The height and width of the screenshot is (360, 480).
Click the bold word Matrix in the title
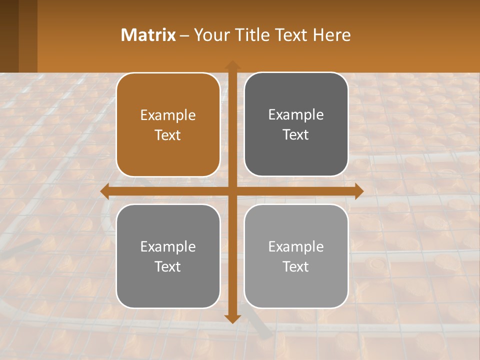coord(148,35)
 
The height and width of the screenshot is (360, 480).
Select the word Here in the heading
coord(332,35)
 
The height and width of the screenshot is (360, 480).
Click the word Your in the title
coord(211,35)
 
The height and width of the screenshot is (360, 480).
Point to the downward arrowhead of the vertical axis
coord(232,319)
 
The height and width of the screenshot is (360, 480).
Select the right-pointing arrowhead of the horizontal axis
coord(359,191)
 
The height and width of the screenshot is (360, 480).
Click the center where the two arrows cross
coord(232,191)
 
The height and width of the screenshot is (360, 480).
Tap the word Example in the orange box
coord(168,115)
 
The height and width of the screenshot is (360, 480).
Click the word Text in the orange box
coord(168,135)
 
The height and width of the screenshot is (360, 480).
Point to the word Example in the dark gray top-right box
coord(296,115)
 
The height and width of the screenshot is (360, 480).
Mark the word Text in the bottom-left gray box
coord(168,266)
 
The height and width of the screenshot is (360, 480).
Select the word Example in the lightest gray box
coord(296,246)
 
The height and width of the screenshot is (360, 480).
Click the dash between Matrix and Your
coord(184,35)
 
